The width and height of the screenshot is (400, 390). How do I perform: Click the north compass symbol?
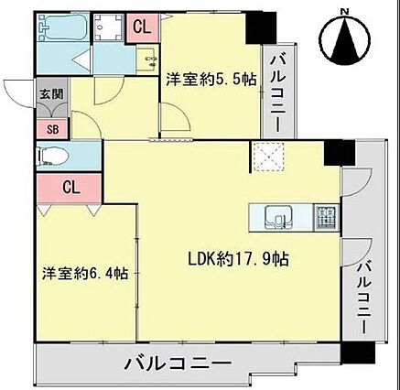tap(345, 38)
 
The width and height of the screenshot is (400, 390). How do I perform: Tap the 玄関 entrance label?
tap(52, 94)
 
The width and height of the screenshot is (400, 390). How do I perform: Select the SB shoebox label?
tap(53, 129)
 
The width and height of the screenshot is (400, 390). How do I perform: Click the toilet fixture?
tap(52, 157)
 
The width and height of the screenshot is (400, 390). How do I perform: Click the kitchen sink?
tap(278, 217)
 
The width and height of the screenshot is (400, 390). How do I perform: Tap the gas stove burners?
tap(326, 218)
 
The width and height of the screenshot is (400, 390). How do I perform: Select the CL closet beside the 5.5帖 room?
tap(142, 27)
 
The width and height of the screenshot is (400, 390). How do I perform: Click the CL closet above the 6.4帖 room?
tap(70, 188)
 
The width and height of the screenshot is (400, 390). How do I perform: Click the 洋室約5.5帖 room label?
tap(211, 80)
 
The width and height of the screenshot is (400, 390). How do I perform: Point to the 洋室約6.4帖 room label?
tap(85, 273)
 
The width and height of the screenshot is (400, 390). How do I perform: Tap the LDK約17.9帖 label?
tap(238, 259)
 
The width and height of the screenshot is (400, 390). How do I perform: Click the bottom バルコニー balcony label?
tap(178, 363)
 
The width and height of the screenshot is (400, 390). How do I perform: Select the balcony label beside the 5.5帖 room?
tap(278, 93)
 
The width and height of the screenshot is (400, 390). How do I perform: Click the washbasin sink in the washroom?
tap(147, 60)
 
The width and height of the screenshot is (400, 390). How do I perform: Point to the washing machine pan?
tap(108, 27)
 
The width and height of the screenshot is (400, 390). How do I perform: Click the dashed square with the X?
tap(267, 157)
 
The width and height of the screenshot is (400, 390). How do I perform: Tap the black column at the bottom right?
tap(358, 352)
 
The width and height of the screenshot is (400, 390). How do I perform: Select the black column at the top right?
tap(261, 27)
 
